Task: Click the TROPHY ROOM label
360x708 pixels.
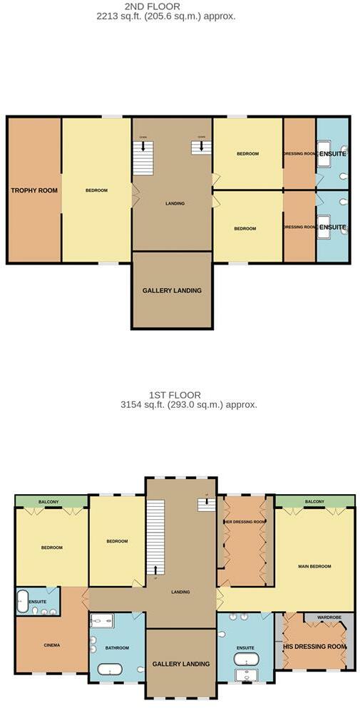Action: click(34, 190)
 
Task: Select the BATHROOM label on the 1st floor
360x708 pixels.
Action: click(118, 647)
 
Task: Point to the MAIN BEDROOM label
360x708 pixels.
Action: click(314, 566)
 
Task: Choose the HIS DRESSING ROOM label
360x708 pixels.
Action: click(314, 647)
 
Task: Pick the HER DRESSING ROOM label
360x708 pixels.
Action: click(245, 522)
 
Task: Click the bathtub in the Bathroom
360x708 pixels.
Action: click(110, 669)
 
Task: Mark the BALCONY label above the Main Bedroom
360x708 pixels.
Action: click(314, 502)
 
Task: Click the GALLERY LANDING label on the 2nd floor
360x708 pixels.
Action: click(172, 290)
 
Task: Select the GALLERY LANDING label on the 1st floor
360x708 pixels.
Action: click(181, 664)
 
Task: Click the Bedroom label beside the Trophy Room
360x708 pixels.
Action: click(96, 190)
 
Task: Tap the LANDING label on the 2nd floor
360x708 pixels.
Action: click(175, 203)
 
